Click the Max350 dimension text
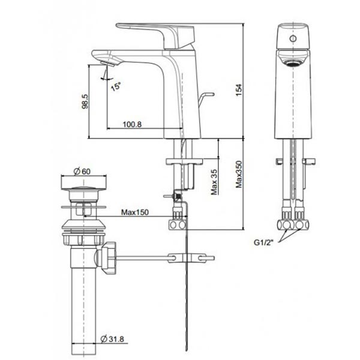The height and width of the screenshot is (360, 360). pos(239,176)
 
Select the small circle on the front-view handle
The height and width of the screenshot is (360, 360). pos(293,37)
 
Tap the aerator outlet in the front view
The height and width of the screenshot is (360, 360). pos(293,62)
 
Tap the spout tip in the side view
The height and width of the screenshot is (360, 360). pos(103,58)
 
